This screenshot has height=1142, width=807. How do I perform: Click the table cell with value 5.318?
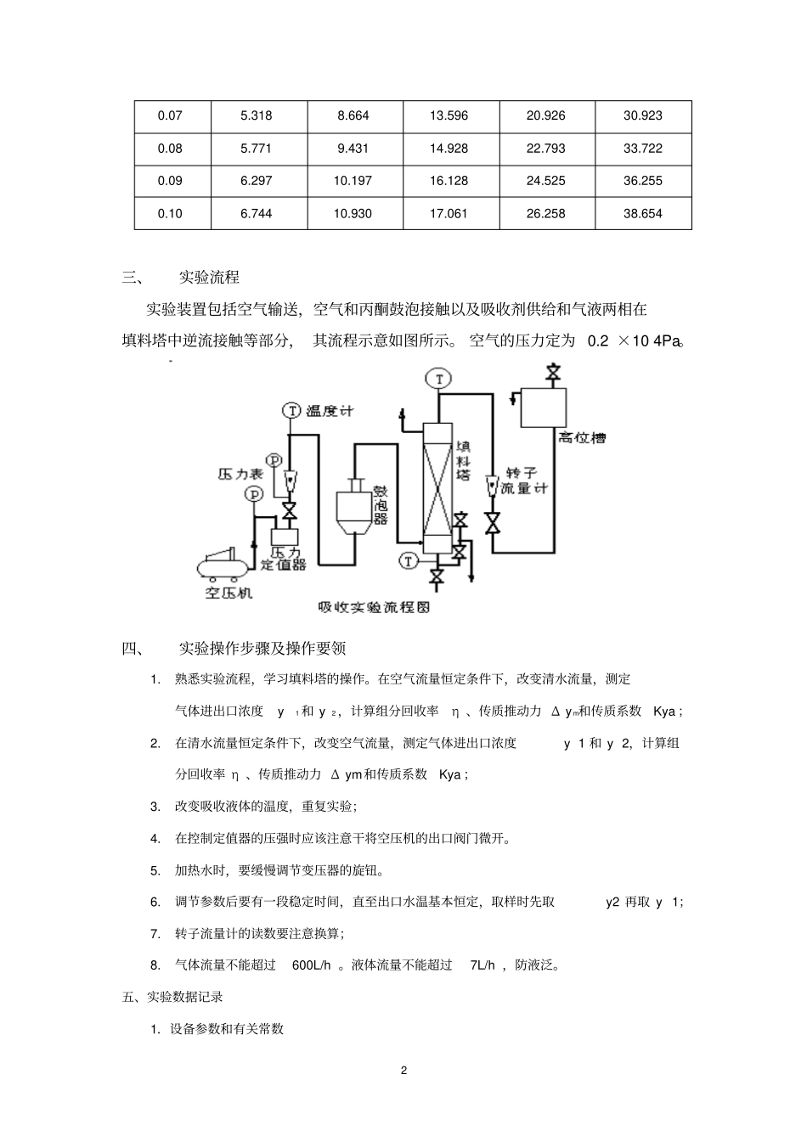(257, 115)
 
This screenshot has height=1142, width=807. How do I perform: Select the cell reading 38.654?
(642, 213)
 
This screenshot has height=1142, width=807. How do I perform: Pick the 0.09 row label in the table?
(170, 181)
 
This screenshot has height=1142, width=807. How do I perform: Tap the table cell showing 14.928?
(449, 149)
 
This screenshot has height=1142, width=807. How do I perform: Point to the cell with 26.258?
(545, 213)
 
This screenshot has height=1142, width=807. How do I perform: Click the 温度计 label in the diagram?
(330, 411)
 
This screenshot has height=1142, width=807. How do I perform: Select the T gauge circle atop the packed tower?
(438, 379)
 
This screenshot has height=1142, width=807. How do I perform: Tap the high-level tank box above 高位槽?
(543, 408)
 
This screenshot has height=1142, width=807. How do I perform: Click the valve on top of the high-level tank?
(554, 373)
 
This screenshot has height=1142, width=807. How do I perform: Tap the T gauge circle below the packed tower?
(409, 560)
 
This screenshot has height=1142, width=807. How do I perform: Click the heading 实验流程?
(209, 278)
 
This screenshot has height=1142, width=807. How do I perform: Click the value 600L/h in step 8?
(311, 965)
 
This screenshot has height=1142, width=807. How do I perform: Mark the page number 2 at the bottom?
(403, 1070)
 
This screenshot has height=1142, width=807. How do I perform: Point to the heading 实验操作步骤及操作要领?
(262, 650)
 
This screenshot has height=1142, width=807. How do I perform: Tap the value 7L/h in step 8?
(483, 965)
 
